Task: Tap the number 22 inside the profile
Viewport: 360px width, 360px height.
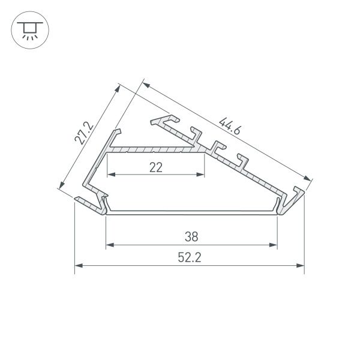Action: tap(156, 168)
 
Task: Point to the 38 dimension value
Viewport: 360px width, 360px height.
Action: tap(192, 236)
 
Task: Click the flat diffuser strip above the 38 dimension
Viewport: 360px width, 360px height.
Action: tap(192, 212)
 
